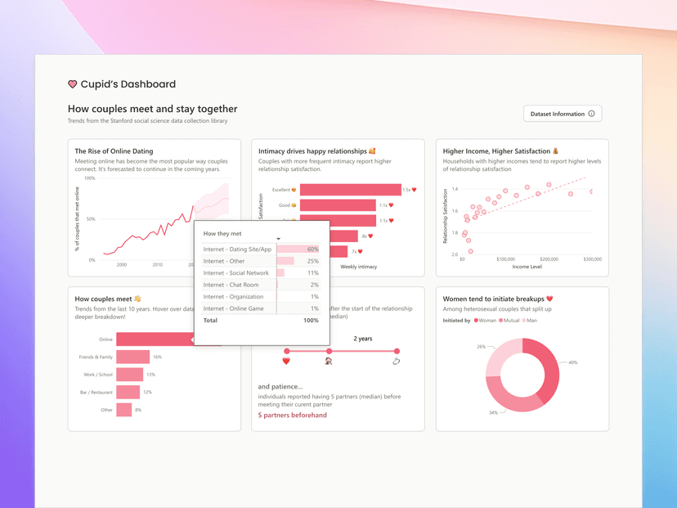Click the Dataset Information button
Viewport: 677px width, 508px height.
coord(563,114)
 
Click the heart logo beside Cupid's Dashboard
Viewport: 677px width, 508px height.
coord(73,84)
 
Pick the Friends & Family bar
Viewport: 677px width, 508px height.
coord(133,357)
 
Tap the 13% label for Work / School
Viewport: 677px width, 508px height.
coord(150,375)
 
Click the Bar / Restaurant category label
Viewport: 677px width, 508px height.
coord(96,392)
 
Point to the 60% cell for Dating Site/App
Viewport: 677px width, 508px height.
coord(312,250)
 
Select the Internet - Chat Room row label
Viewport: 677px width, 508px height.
coord(231,285)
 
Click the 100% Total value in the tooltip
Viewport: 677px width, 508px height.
coord(311,321)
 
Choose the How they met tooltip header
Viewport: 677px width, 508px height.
coord(222,233)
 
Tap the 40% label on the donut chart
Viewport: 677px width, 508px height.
coord(573,362)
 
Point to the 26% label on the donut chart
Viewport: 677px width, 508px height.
coord(482,347)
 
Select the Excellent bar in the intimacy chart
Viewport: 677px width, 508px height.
coord(350,190)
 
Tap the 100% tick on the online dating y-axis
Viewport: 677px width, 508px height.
coord(90,178)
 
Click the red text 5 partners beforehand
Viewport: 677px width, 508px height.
coord(292,415)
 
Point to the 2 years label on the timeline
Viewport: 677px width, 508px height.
coord(363,339)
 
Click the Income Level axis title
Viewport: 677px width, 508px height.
coord(526,267)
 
